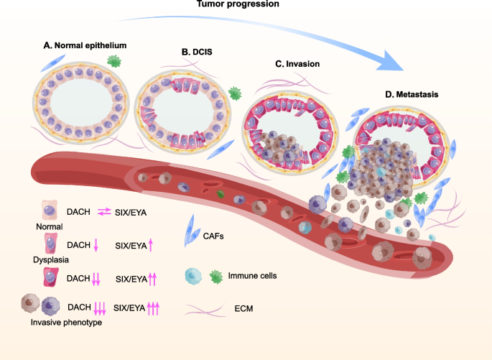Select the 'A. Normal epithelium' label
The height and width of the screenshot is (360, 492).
pos(85,45)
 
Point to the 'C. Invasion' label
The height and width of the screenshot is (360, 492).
pos(298,63)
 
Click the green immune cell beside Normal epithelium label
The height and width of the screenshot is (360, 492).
pos(113,63)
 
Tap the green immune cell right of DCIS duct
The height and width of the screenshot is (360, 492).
pos(234,93)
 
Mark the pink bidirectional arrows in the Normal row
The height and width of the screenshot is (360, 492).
pos(103,213)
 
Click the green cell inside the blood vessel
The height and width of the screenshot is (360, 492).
pos(222,194)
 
